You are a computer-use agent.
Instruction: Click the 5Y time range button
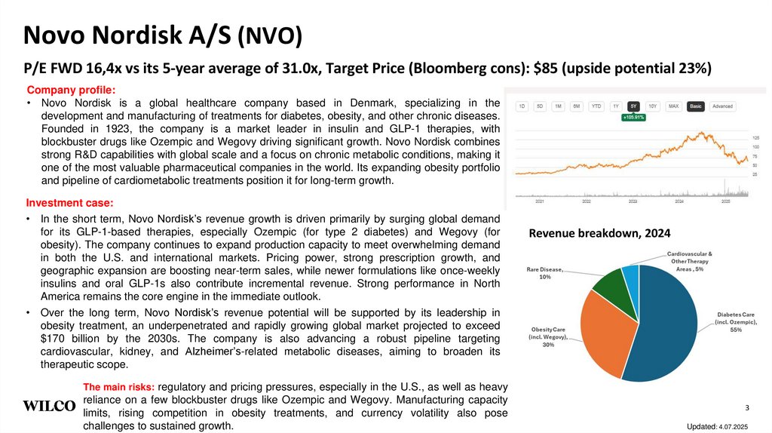tap(634, 106)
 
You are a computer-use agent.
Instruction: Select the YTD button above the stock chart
tap(596, 106)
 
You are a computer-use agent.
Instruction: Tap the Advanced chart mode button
tap(721, 106)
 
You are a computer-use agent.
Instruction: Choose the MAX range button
tap(674, 106)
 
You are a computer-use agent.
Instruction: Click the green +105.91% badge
tap(633, 118)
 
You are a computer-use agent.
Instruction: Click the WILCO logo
tap(49, 406)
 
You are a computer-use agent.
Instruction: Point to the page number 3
tap(746, 408)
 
